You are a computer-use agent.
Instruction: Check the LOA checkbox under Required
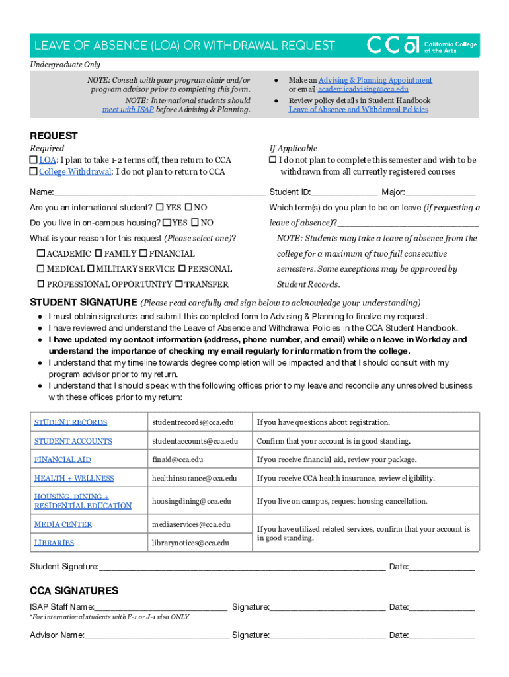pos(34,160)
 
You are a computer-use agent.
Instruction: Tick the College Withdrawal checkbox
pos(34,172)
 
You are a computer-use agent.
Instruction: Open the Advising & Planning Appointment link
pos(375,80)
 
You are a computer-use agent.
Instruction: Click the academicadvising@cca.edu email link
pos(363,89)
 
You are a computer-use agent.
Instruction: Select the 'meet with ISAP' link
pos(128,109)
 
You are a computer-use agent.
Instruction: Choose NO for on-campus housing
pos(195,223)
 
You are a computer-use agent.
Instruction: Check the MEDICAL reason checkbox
pos(41,269)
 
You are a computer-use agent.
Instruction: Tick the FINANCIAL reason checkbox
pos(143,253)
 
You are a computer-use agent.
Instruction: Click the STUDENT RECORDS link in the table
pos(70,422)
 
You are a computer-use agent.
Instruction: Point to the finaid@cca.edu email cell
pos(177,459)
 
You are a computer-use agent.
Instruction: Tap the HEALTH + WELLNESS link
pos(74,478)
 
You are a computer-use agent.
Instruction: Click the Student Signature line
pos(242,567)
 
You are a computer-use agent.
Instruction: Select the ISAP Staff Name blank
pos(161,607)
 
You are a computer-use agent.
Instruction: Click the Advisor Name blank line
pos(157,635)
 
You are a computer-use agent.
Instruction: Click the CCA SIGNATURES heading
pos(74,590)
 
